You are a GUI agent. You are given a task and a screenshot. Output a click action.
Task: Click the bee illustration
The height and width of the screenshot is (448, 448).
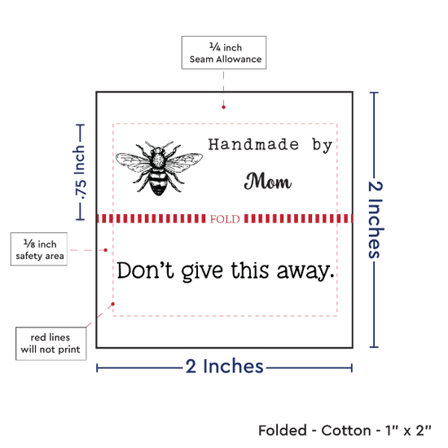tap(159, 168)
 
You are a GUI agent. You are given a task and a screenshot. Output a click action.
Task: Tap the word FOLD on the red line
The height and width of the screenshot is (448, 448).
tap(225, 219)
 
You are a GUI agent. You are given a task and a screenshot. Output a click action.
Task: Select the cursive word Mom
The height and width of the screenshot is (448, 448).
tap(268, 181)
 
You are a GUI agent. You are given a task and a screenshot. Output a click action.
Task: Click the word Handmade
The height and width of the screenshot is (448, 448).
tap(253, 144)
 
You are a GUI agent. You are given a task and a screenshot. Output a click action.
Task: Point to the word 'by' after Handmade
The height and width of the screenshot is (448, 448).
tap(323, 146)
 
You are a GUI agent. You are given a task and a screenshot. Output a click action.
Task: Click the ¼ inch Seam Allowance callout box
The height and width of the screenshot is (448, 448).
tap(224, 53)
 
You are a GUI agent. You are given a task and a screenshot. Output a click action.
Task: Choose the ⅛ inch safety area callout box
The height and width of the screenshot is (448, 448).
tap(39, 249)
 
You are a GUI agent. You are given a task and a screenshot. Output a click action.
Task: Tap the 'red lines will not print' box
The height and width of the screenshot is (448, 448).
tap(51, 344)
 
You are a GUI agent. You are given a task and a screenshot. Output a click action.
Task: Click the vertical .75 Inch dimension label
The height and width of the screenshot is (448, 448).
tap(80, 173)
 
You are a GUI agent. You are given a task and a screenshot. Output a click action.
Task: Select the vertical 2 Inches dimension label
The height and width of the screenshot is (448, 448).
tap(376, 220)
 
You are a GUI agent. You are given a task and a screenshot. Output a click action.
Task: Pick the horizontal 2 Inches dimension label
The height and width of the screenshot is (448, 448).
tap(224, 367)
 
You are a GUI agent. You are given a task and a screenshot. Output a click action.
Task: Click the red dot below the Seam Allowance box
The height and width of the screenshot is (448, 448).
tap(223, 108)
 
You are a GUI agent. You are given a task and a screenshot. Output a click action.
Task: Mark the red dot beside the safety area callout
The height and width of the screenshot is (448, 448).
tap(105, 250)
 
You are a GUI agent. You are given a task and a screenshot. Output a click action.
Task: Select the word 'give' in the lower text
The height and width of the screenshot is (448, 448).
tap(202, 271)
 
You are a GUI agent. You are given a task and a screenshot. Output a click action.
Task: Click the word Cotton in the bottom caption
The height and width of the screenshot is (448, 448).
tap(346, 431)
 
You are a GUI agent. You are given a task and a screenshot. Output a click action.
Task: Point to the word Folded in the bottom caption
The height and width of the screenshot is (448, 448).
tap(283, 431)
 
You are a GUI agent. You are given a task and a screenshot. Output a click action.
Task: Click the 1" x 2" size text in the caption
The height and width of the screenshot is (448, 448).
tap(408, 431)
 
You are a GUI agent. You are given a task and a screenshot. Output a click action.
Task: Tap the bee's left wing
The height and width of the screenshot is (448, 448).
tap(131, 162)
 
